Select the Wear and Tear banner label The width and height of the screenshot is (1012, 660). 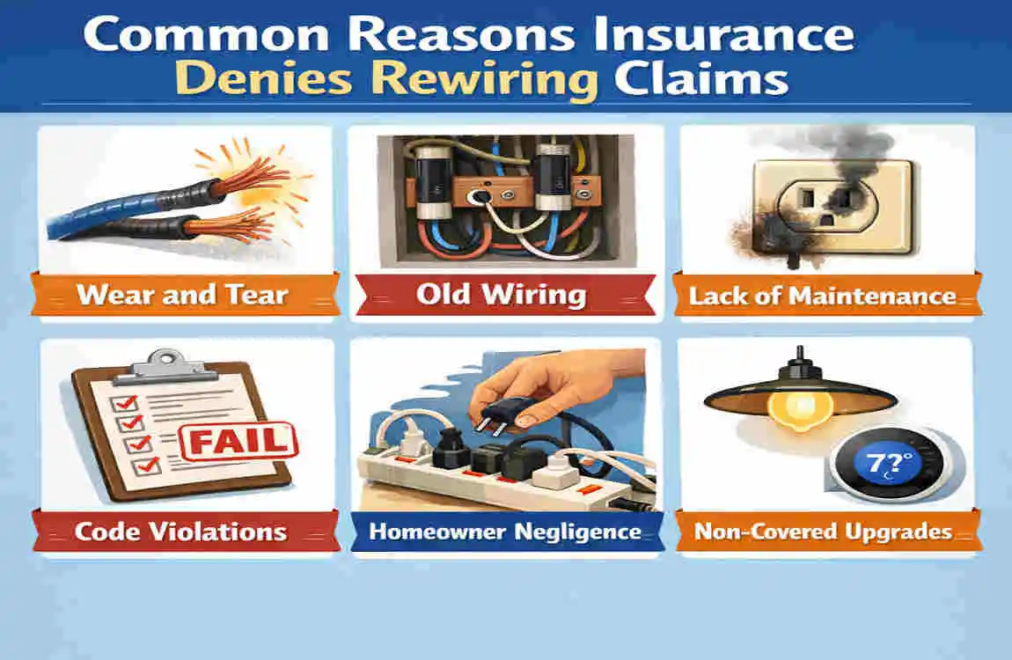pyautogui.click(x=182, y=294)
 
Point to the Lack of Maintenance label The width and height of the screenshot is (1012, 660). pyautogui.click(x=822, y=295)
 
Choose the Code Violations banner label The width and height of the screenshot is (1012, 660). pyautogui.click(x=180, y=532)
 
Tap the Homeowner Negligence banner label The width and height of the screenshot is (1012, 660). pyautogui.click(x=505, y=532)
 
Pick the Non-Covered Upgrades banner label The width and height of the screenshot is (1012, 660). pyautogui.click(x=823, y=532)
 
